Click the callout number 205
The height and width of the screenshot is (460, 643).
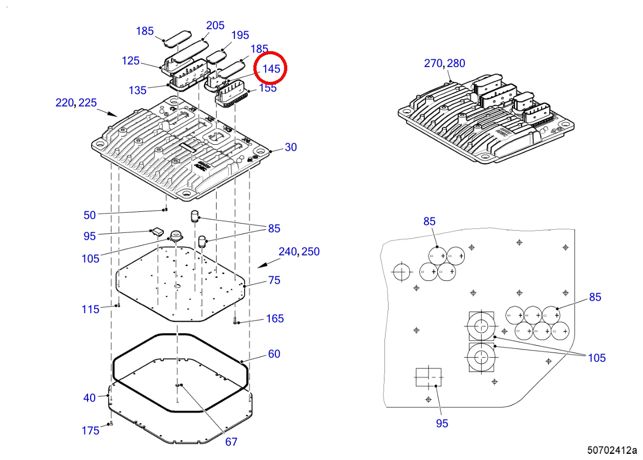(215, 26)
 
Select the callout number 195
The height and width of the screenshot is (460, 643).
(240, 35)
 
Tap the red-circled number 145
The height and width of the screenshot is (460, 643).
(271, 69)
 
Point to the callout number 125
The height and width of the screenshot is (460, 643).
(131, 61)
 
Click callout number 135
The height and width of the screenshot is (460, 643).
(138, 91)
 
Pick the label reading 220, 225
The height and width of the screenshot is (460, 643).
(76, 103)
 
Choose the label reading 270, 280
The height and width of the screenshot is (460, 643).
(444, 63)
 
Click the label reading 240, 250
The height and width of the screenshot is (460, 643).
(299, 252)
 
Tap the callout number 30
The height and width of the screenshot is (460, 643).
(291, 147)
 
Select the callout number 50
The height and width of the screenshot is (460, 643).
(90, 215)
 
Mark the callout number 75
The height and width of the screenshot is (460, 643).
(274, 280)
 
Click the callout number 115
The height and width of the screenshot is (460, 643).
(91, 310)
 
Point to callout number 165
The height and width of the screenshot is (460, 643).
(275, 319)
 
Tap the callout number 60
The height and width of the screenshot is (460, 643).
(274, 354)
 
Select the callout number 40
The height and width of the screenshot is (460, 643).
(89, 398)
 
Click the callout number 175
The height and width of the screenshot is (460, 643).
(91, 430)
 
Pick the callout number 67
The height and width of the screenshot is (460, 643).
(231, 442)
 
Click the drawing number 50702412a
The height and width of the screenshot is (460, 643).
(612, 450)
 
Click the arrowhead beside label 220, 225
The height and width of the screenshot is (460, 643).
(113, 114)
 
